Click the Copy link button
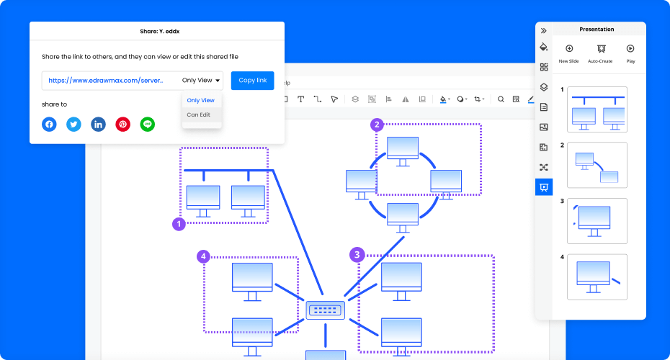coord(253,81)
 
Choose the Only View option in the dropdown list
coord(201,100)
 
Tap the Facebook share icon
coord(49,125)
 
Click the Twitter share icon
coord(73,125)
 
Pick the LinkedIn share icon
coord(98,125)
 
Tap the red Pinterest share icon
coord(122,125)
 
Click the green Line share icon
coord(148,125)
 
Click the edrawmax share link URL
coord(105,81)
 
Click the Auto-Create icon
coord(602,49)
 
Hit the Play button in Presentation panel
coord(630,49)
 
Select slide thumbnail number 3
coord(597,221)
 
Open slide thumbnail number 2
coord(597,166)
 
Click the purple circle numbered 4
coord(203,256)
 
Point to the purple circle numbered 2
coord(377,125)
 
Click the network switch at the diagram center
coord(325,310)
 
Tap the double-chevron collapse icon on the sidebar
coord(543,31)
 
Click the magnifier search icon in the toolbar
coord(501,99)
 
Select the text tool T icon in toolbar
coord(301,99)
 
